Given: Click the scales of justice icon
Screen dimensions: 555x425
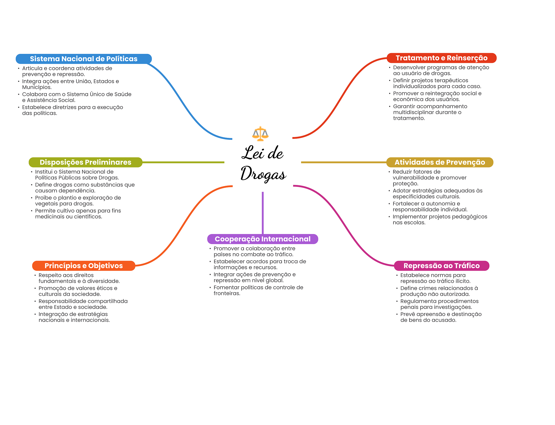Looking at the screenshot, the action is (260, 134).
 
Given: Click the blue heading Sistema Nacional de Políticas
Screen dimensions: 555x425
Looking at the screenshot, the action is (84, 59).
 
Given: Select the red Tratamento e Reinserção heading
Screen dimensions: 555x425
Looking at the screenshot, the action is (441, 58).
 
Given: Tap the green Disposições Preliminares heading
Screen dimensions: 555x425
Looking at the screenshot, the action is (85, 162).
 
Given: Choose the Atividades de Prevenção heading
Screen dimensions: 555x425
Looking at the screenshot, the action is (440, 162).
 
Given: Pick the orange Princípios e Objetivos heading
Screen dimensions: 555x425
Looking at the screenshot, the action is (84, 266).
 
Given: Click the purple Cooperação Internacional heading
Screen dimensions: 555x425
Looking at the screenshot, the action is (263, 239).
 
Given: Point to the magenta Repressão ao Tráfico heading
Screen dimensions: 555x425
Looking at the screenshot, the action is (441, 266).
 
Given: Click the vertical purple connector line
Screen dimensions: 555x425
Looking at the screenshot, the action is (263, 213).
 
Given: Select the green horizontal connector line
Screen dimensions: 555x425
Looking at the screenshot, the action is (183, 162).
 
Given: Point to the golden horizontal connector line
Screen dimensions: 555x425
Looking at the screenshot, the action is (344, 162).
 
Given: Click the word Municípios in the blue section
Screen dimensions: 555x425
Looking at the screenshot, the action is (37, 87).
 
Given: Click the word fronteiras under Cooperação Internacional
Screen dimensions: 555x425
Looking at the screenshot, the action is (227, 293).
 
